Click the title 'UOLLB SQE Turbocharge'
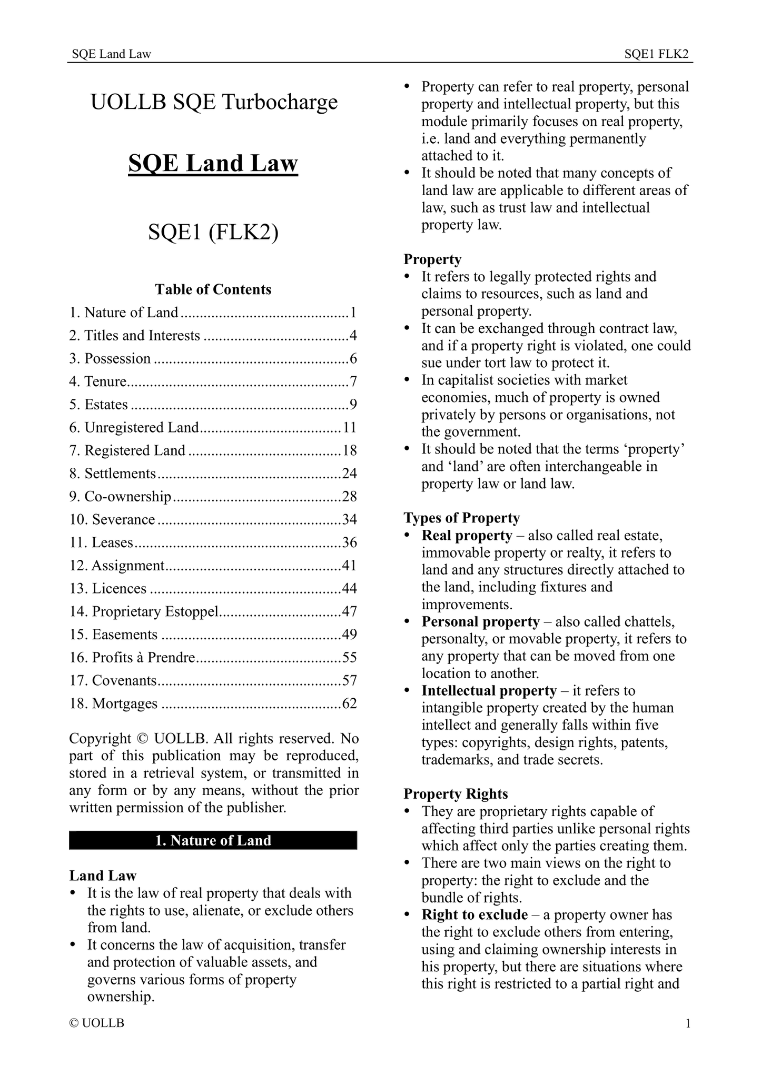(213, 102)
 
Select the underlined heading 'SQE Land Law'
(213, 163)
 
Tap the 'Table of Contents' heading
(213, 289)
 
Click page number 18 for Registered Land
(350, 450)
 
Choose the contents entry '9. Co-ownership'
(121, 497)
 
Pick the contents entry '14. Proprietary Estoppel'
(144, 611)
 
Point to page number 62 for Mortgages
(350, 703)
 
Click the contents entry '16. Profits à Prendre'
(133, 658)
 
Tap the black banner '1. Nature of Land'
(213, 840)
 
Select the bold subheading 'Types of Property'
(461, 518)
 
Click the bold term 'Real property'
(467, 536)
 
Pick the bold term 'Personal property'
(480, 622)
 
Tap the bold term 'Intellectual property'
(489, 691)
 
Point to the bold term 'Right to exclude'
(475, 915)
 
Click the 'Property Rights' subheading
(456, 794)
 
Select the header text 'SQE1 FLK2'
(656, 54)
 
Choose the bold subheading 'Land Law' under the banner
(103, 876)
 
